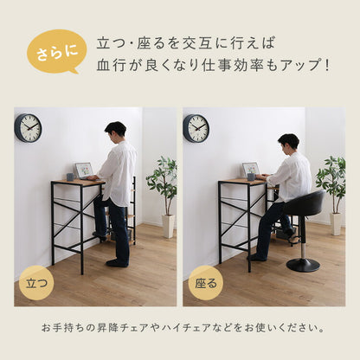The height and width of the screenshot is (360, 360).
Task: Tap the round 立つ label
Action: tap(36, 282)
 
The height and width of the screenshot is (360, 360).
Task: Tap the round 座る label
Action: tap(205, 282)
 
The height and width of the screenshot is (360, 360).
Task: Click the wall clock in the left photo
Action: tap(28, 127)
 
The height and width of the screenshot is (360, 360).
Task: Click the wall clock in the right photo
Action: tap(196, 127)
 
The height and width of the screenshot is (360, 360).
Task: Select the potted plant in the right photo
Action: tap(331, 182)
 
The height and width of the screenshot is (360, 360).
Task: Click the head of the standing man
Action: tap(115, 131)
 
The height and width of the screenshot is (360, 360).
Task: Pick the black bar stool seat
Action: tap(304, 204)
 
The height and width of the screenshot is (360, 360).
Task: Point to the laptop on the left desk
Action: tap(84, 170)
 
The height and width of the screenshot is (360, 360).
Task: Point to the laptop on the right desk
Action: tap(251, 170)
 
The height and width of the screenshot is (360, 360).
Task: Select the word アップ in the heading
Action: tap(293, 65)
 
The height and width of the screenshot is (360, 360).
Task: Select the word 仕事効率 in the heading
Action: tap(233, 65)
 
